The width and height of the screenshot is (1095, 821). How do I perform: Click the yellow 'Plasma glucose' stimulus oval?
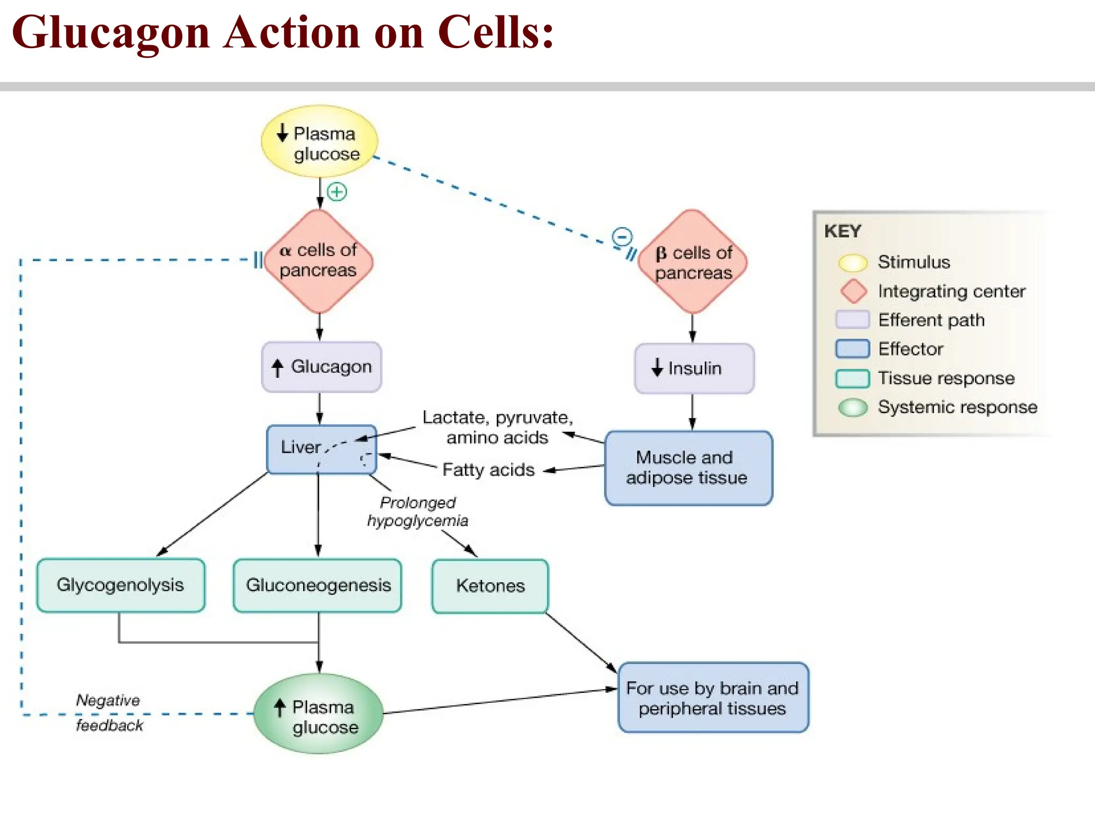[x=320, y=142]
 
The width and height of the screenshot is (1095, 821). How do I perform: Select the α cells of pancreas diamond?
[x=319, y=261]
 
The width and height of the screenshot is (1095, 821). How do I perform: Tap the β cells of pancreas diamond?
[x=693, y=262]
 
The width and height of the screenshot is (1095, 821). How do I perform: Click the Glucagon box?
[x=321, y=367]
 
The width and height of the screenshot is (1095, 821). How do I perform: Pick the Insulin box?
[x=694, y=369]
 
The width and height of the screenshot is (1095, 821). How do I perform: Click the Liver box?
[x=321, y=449]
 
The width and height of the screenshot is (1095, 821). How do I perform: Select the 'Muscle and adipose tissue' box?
[x=688, y=468]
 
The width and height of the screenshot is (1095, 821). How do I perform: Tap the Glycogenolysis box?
[x=121, y=585]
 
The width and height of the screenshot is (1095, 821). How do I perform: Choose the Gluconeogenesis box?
[x=318, y=585]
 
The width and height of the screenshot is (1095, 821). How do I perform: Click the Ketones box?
[x=490, y=586]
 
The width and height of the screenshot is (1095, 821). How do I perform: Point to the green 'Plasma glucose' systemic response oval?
[x=319, y=714]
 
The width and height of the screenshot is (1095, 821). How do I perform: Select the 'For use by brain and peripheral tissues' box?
[x=713, y=698]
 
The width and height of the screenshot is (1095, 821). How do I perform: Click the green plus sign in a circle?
[x=337, y=191]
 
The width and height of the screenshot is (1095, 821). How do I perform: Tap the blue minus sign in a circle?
[x=622, y=236]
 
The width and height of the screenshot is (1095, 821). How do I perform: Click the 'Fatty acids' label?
[x=488, y=470]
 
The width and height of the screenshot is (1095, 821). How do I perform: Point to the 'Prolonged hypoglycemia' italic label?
[x=418, y=512]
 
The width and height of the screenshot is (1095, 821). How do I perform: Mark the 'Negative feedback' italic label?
[x=109, y=712]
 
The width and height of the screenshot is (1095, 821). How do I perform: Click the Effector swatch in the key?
[x=852, y=349]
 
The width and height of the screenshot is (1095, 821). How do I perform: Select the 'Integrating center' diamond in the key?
[x=853, y=291]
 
